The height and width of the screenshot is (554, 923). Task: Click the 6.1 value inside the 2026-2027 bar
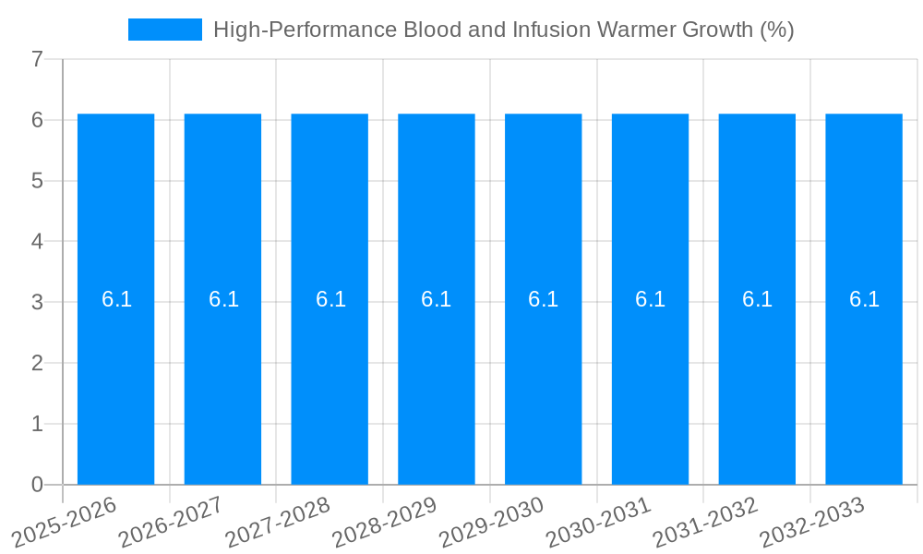(x=223, y=299)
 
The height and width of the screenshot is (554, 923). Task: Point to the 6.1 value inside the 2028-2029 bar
(x=437, y=299)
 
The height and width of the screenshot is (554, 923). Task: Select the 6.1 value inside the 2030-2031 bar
(x=650, y=299)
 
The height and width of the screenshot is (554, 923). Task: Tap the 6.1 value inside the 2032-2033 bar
(x=864, y=299)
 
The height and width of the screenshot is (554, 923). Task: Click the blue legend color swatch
(x=164, y=30)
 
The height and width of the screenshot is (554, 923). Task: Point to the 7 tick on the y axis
(x=37, y=59)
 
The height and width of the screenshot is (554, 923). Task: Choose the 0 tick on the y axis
(x=37, y=485)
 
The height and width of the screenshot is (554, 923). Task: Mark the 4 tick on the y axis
(x=37, y=242)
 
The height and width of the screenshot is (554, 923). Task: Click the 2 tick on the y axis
(x=37, y=363)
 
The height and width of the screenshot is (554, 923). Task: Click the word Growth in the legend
(x=713, y=30)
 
